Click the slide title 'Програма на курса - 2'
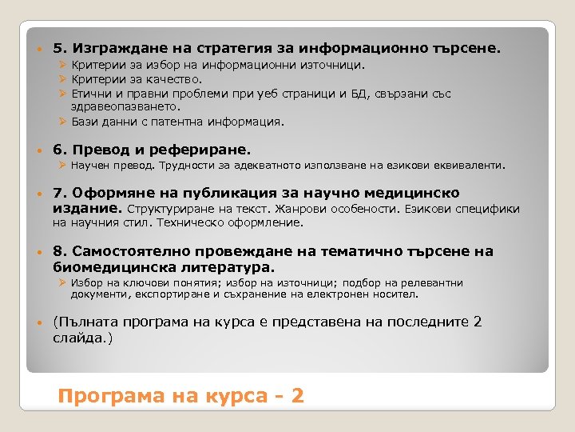tap(181, 396)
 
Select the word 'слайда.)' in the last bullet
tap(83, 338)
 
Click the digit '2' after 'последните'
tap(477, 322)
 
